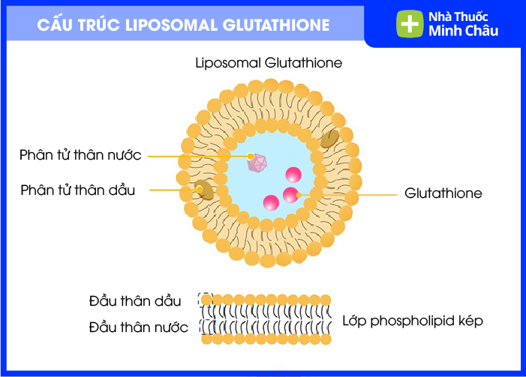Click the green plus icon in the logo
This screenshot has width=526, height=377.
410,23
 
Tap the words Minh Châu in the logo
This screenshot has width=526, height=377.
463,31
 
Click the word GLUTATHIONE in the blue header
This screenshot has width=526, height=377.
275,25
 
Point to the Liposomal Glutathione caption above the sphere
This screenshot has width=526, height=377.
269,63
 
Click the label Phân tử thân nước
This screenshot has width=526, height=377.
80,155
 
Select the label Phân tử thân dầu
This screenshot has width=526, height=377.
78,190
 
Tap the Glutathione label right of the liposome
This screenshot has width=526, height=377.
443,193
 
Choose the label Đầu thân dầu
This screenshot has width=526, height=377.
135,301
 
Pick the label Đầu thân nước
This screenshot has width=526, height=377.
138,327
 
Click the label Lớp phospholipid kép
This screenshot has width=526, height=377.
413,321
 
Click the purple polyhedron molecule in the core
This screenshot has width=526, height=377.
257,163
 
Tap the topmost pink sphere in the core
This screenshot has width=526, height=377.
293,175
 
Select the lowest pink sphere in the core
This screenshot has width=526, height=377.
271,202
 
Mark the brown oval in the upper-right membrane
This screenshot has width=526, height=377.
329,139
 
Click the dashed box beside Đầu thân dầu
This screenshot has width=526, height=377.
206,300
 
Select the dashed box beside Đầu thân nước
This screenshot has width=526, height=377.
207,327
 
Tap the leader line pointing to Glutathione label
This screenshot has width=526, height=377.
347,194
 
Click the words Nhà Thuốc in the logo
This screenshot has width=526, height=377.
458,16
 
